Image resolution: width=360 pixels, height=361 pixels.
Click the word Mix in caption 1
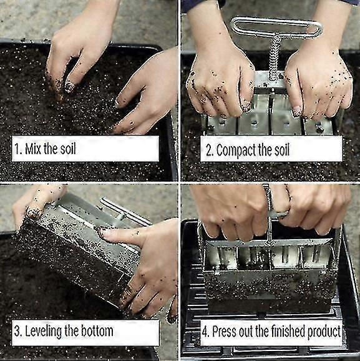point(33,149)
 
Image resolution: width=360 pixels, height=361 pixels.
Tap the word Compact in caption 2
point(236,151)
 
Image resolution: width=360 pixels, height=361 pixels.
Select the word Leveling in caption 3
point(44,332)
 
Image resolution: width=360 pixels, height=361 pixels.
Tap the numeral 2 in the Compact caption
point(209,151)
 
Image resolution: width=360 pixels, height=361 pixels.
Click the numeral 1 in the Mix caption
point(17,149)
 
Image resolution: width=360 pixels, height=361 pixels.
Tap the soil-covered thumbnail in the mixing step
point(69,86)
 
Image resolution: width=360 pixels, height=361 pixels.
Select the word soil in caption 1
point(68,149)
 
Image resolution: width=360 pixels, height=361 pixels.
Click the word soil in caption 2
point(281,150)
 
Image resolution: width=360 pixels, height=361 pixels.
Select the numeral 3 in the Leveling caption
point(17,332)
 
